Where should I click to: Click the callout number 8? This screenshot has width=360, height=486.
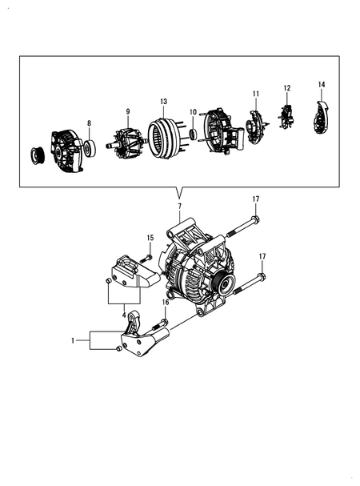coord(89,123)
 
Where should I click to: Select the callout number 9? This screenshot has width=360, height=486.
coord(127,111)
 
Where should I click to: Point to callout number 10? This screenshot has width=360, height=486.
coord(192,112)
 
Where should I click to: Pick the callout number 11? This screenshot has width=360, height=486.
coord(256,94)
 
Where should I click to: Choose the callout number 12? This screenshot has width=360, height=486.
coord(286,87)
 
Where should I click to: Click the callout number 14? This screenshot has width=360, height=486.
coord(322,84)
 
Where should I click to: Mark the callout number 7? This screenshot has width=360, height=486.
coord(179,207)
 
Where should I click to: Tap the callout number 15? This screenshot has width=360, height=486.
coord(150,237)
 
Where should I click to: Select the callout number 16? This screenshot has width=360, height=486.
coord(166,303)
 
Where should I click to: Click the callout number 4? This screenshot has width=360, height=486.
coord(124,315)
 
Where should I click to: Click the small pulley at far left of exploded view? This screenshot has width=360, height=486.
coord(37,155)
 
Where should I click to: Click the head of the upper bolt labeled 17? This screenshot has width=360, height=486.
coord(254,219)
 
